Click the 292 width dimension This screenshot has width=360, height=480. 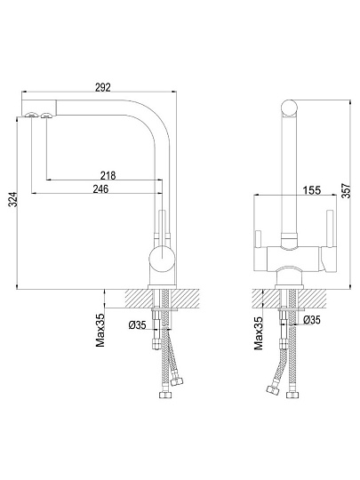coord(102,87)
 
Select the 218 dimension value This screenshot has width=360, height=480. coord(108,176)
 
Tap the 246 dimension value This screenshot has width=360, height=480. coord(100,188)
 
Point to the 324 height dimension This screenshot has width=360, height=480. coord(12,200)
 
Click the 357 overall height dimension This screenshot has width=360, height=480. coord(346,191)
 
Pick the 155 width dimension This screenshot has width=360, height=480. coord(312,190)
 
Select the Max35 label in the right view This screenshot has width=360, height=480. coord(258,333)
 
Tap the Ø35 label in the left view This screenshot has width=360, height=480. coord(138,325)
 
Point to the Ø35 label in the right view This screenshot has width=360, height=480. coord(312,320)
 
